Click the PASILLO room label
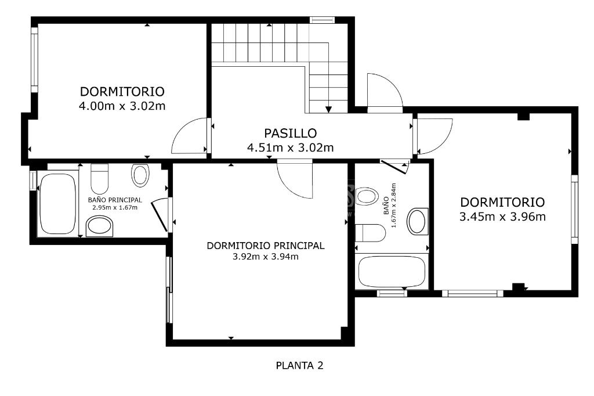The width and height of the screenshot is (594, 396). tap(290, 133)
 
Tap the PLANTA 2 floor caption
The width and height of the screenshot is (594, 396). tap(300, 366)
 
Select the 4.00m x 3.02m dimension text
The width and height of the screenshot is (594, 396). tap(122, 106)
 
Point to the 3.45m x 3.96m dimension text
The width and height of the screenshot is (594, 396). tap(502, 217)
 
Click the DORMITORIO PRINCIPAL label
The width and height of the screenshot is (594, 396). tap(266, 246)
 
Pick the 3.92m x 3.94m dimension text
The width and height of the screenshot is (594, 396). tap(266, 257)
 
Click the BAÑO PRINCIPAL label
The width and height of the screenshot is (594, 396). tap(115, 200)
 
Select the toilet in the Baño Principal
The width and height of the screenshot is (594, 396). tap(100, 178)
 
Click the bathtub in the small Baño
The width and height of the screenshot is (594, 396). tap(392, 272)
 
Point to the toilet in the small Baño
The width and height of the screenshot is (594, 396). tap(370, 233)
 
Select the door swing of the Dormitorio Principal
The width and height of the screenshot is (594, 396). tap(294, 179)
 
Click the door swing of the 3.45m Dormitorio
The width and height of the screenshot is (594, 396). tap(434, 136)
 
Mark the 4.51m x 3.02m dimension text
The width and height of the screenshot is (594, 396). tap(290, 147)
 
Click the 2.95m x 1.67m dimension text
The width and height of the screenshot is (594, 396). tap(115, 207)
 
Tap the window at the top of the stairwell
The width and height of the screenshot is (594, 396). tap(322, 20)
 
